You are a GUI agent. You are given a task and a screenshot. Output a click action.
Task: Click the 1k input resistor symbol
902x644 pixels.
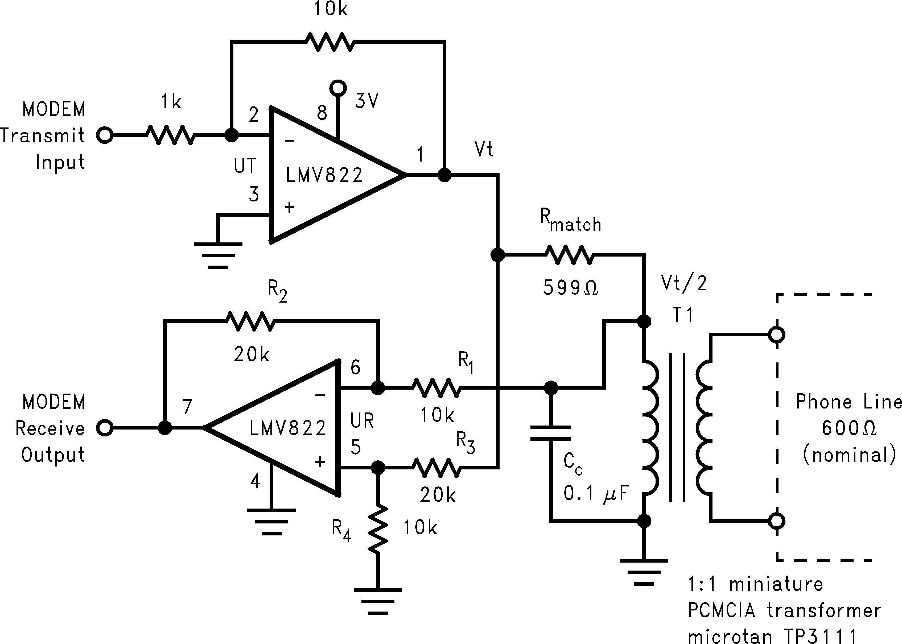click(x=171, y=135)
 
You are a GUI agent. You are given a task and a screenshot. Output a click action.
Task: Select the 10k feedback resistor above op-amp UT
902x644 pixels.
click(x=330, y=41)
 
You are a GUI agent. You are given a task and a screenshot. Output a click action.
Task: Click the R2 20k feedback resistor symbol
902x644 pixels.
click(x=250, y=321)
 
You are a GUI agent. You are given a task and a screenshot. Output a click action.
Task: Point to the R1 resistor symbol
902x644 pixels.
click(x=436, y=388)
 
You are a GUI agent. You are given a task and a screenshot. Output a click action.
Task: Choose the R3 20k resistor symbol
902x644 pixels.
click(x=437, y=468)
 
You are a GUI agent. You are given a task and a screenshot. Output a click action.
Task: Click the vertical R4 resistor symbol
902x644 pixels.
click(x=378, y=529)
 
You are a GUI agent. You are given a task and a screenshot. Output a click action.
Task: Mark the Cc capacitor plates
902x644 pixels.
click(x=551, y=433)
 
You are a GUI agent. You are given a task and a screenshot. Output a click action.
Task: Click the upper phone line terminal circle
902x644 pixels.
click(x=777, y=335)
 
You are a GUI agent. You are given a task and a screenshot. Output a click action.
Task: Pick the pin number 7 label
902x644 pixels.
click(x=187, y=407)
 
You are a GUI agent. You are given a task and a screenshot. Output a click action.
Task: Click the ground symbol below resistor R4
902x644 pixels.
click(x=378, y=601)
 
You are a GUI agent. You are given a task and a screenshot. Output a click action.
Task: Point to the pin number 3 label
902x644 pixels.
click(x=253, y=194)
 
